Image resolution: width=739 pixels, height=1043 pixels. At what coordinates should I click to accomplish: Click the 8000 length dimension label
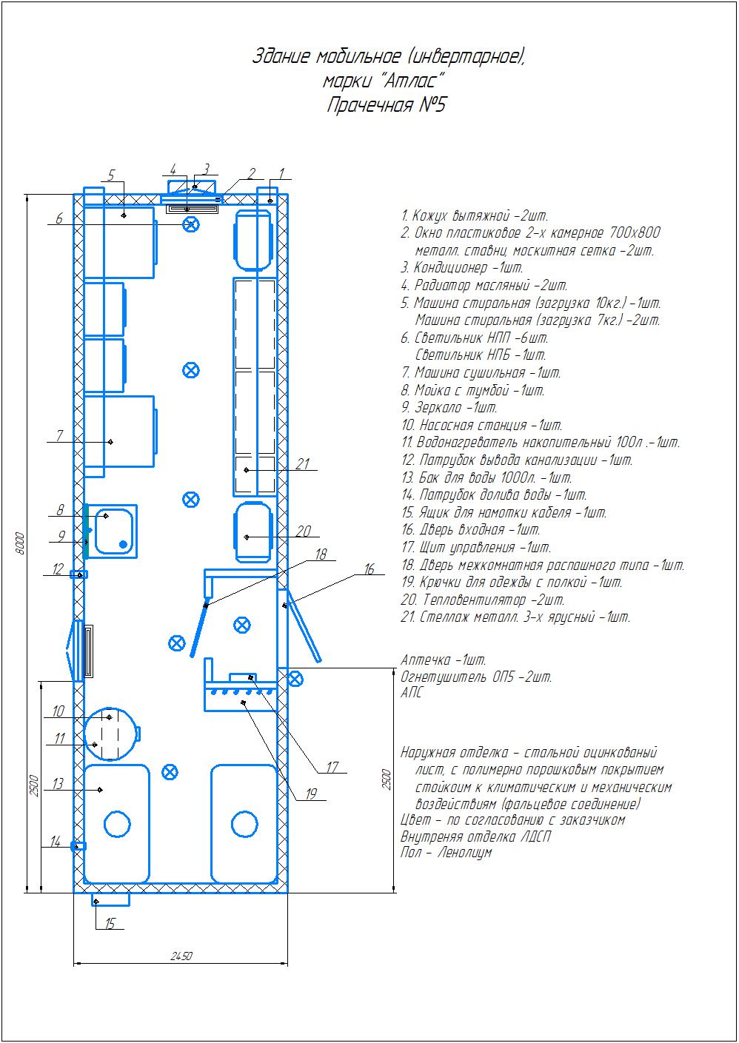pos(19,543)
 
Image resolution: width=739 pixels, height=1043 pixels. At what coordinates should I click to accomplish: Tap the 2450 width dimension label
pos(181,956)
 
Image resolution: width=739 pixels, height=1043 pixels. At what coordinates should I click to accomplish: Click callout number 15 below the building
pos(110,923)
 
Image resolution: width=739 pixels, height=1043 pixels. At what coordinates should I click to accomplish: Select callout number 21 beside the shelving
pos(303,464)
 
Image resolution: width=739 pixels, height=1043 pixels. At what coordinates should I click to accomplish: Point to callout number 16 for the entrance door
pos(369,569)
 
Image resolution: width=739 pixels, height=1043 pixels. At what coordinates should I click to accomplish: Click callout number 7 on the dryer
pos(59,435)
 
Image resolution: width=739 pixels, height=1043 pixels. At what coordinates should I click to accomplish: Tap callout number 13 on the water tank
pos(58,784)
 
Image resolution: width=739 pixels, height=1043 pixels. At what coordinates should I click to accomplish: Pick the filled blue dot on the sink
pos(123,544)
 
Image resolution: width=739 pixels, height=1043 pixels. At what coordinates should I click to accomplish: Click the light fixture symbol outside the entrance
pos(294,679)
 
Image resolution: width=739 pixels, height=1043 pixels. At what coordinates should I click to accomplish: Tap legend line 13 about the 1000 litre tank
pos(486,477)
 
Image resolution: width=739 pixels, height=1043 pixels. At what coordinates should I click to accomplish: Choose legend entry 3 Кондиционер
pos(462,268)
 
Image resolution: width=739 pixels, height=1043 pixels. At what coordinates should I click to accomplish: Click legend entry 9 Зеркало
pos(449,408)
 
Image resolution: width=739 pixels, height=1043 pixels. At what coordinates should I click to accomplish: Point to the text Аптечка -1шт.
pos(444,660)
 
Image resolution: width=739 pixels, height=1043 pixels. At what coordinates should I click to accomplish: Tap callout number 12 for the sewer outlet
pos(58,569)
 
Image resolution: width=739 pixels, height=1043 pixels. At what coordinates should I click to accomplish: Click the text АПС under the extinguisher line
pos(412,692)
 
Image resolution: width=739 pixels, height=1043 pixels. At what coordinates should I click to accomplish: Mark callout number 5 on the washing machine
pos(111,175)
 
